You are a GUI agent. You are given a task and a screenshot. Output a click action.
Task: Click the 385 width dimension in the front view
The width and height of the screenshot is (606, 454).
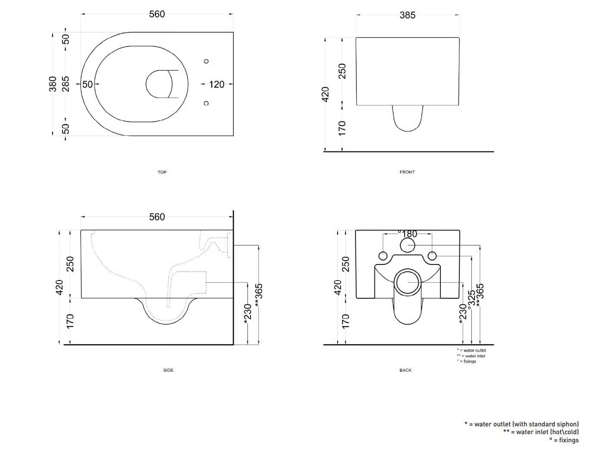click(x=407, y=15)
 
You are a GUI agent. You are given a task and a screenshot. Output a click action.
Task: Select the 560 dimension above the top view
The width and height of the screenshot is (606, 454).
click(x=157, y=14)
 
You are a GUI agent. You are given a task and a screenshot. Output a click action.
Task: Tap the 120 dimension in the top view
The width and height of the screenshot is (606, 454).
click(x=217, y=84)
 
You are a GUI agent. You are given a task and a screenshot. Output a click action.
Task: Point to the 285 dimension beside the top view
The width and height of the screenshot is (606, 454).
click(x=66, y=84)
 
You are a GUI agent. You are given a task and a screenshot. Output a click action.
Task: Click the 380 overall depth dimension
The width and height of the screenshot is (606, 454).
click(x=53, y=84)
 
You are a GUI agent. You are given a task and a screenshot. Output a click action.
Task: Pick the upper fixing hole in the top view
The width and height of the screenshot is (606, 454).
click(x=206, y=61)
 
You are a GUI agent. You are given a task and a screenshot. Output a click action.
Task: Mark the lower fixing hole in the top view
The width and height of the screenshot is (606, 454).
click(x=206, y=103)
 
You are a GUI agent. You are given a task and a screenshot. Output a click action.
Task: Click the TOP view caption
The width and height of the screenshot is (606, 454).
click(x=162, y=172)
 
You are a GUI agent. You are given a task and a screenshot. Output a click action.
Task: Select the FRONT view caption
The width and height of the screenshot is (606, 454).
click(x=407, y=172)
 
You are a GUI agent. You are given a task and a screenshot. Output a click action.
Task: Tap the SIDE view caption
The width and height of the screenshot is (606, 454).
click(x=168, y=370)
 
